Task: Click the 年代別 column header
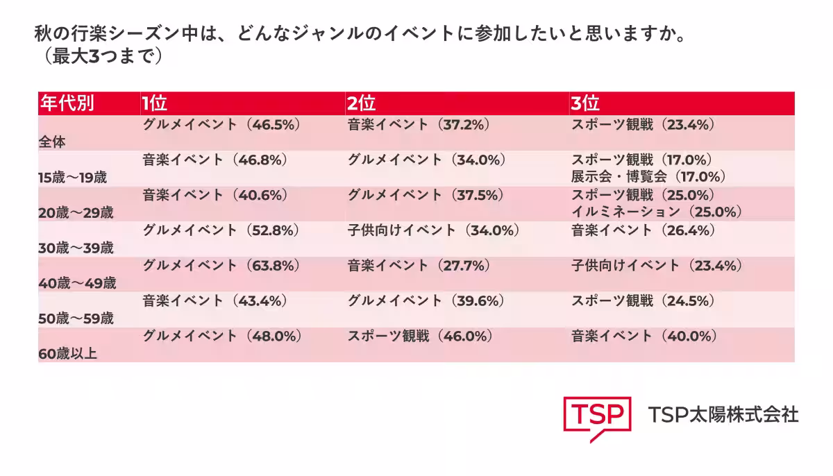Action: tap(67, 103)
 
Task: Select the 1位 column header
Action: tap(154, 103)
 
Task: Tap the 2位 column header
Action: tap(361, 103)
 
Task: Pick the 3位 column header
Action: tap(585, 103)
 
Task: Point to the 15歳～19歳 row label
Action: tap(73, 177)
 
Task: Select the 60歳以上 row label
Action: tap(67, 354)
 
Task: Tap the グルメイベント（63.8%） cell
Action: tap(221, 265)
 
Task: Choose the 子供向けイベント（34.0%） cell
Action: tap(433, 230)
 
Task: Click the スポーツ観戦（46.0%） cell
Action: tap(420, 336)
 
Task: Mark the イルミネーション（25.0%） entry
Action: tap(656, 211)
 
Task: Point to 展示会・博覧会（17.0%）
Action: tap(648, 176)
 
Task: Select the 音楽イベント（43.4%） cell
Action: tap(214, 300)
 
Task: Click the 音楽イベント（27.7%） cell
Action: tap(419, 265)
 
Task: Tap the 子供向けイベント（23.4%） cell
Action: tap(657, 265)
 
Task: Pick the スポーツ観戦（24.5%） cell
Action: tap(643, 300)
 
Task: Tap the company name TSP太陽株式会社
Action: tap(723, 414)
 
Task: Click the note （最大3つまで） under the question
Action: tap(101, 56)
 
